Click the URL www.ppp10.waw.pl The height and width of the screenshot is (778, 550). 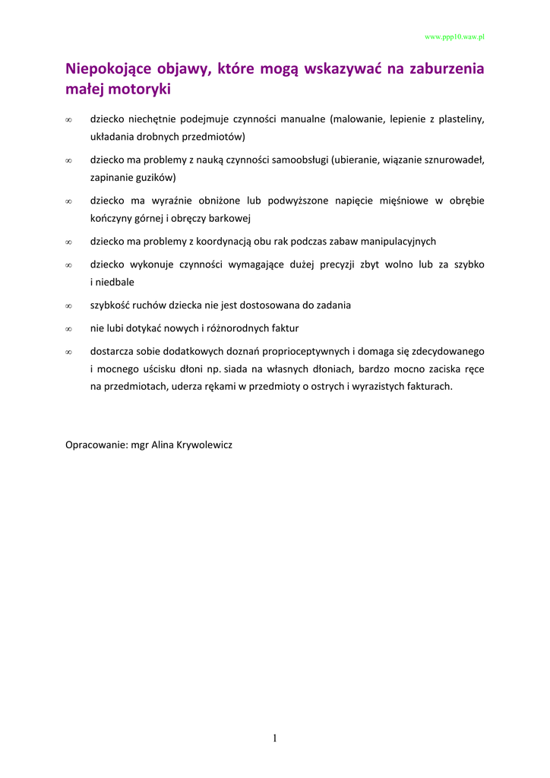click(454, 36)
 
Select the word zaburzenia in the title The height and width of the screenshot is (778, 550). click(446, 70)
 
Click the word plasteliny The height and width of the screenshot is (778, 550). click(457, 119)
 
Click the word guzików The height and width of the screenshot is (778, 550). click(155, 177)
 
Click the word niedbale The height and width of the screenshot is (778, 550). click(115, 281)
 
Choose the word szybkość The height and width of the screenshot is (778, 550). click(111, 305)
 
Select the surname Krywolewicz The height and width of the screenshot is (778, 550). click(204, 444)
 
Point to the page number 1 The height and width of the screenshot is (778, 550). click(275, 738)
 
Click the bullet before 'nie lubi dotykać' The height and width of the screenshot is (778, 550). click(68, 329)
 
